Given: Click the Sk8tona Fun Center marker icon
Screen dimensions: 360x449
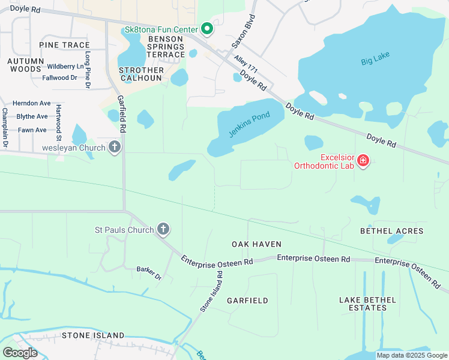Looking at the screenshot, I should (207, 29).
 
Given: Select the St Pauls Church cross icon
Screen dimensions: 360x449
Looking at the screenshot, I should (163, 229).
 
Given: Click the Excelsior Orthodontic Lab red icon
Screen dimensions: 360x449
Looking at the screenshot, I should (363, 160).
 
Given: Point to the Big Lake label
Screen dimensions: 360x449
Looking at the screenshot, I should (375, 59).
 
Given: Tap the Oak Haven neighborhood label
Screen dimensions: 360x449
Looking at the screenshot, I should (256, 244).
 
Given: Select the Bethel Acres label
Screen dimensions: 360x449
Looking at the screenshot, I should (391, 231).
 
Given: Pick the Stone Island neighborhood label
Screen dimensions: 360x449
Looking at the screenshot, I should (93, 335).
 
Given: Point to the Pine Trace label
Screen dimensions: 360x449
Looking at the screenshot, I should (64, 45).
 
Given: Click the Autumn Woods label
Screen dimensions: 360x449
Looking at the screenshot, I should (26, 65).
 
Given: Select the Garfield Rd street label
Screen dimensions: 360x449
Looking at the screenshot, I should (121, 113).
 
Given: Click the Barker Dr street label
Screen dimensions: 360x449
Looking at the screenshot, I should (149, 273).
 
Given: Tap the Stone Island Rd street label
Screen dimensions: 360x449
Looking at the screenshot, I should (211, 292).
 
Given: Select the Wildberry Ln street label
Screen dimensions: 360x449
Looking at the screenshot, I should (65, 66).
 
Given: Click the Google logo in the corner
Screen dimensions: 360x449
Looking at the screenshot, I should (20, 352).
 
